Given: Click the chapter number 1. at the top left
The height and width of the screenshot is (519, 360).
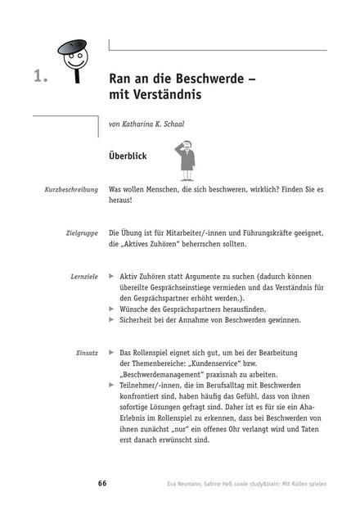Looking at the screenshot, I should tap(41, 78).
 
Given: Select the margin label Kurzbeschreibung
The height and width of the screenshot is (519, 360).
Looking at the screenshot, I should tap(71, 189).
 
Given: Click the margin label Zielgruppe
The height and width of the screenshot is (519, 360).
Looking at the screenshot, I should tap(82, 232).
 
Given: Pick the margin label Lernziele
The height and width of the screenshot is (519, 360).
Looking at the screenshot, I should tap(84, 277).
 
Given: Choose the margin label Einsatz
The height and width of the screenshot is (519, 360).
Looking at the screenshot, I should tap(88, 353).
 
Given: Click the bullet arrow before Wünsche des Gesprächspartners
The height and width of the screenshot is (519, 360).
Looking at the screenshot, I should tap(111, 309).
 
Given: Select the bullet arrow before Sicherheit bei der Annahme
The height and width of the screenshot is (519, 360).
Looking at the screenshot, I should tap(111, 320).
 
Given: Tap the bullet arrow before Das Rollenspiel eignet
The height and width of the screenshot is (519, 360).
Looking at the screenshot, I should tap(111, 353).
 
